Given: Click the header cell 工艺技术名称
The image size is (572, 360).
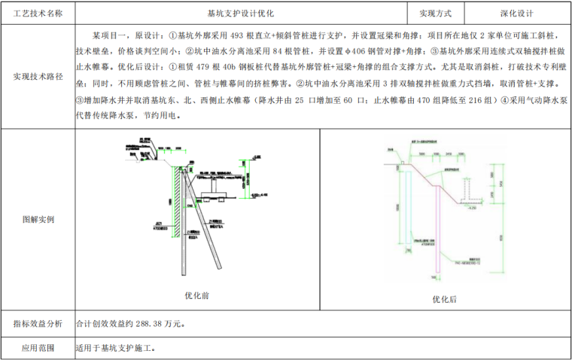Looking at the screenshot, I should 38,14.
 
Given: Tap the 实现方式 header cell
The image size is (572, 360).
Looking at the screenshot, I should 441,14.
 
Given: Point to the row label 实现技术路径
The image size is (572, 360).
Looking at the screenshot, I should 38,77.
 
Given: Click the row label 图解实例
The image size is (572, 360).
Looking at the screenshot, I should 38,220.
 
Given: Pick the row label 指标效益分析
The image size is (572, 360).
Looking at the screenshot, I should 38,324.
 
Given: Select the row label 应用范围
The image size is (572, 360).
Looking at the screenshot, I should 38,348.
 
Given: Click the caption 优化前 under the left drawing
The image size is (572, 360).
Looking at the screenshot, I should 196,295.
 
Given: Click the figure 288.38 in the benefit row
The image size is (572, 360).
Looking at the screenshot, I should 151,324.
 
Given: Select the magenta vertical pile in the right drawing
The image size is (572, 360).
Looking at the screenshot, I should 438,226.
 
